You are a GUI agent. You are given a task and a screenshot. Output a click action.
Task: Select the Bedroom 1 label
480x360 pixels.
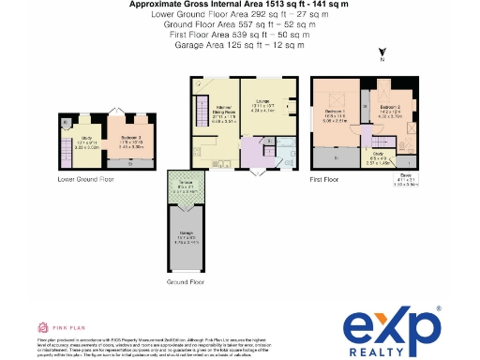point(336,113)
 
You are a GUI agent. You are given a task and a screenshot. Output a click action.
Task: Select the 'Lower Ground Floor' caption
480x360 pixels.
point(86,177)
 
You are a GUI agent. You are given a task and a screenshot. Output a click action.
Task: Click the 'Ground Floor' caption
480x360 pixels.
point(186,280)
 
